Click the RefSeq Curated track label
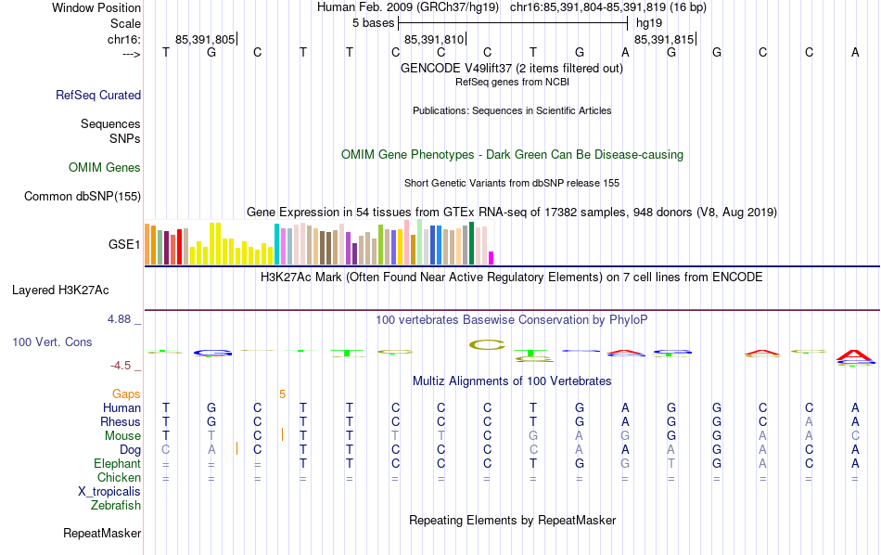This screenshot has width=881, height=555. coord(98,95)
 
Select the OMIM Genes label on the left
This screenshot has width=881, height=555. coord(105,168)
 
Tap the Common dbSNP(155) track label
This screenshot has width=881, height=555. coord(83,196)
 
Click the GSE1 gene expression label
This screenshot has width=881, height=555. coord(124,245)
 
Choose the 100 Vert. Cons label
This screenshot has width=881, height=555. coord(52,342)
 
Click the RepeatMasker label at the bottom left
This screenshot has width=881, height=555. coord(102,534)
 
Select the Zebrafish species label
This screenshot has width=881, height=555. coord(116,506)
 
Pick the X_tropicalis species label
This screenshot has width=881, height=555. coord(109,492)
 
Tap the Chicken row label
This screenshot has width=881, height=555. coord(118,478)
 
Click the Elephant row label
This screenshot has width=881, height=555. coord(117,464)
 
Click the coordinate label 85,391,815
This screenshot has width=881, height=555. coord(663,40)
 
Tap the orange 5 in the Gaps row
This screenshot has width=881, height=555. coord(282,394)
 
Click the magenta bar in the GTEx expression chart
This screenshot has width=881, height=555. coord(492,258)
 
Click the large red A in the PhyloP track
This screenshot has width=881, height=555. coord(854,355)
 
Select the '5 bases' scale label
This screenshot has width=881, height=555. coord(374,22)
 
